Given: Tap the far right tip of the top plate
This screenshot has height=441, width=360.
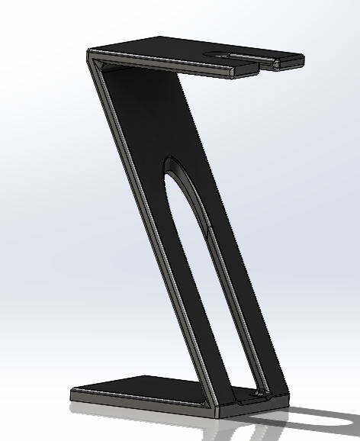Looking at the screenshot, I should pos(303,60).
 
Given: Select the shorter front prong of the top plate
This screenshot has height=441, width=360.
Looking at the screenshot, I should pos(244,71).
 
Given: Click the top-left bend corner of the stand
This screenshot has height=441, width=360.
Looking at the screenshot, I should pos(91,53).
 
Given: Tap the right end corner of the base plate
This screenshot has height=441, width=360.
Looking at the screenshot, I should pos(288,398).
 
